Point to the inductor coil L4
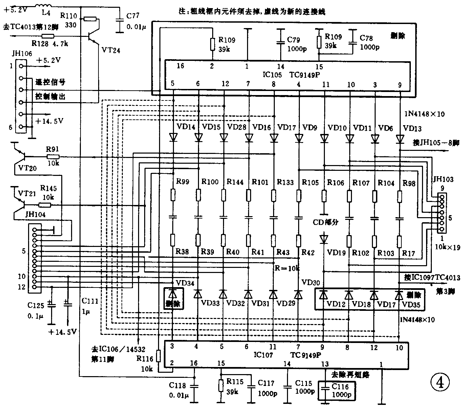click(44, 6)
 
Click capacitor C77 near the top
click(119, 20)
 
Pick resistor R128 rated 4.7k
click(48, 36)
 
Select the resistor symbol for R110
click(90, 19)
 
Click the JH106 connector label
click(21, 53)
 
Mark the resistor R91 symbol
click(53, 157)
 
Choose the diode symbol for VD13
click(400, 138)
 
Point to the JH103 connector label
click(442, 179)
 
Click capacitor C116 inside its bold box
click(325, 390)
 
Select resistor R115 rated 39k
click(221, 385)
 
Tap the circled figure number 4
click(440, 383)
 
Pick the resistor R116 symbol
click(159, 356)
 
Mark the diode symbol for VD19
click(324, 239)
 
